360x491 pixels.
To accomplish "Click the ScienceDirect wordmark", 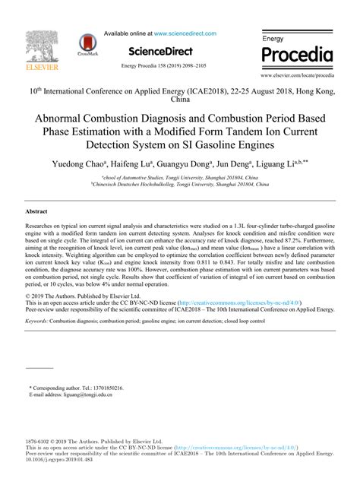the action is tap(170, 50).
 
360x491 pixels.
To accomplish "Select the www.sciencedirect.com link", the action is tap(185, 33).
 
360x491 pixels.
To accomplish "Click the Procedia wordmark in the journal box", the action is tap(297, 55).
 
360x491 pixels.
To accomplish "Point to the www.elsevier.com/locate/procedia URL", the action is tap(296, 77).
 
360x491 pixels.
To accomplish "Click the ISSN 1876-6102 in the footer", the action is tap(39, 441).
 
